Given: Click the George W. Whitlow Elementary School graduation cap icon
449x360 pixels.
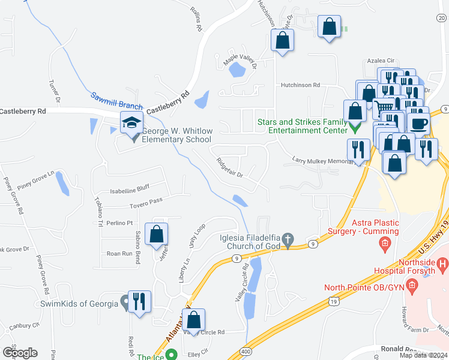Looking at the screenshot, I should [131, 123].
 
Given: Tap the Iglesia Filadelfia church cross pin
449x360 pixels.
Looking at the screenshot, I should [288, 239].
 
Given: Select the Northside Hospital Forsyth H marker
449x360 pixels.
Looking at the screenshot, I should [442, 263].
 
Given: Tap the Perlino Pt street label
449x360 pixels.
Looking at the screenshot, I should [120, 223].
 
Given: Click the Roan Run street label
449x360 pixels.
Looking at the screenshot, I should [119, 254].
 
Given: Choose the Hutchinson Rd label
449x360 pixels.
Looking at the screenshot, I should [301, 85].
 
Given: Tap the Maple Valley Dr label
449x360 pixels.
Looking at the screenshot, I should [240, 60].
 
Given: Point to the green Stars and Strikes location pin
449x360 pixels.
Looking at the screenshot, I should [354, 129].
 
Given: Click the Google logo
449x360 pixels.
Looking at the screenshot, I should [20, 352].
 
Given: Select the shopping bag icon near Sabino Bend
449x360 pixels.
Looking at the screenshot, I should [156, 235].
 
